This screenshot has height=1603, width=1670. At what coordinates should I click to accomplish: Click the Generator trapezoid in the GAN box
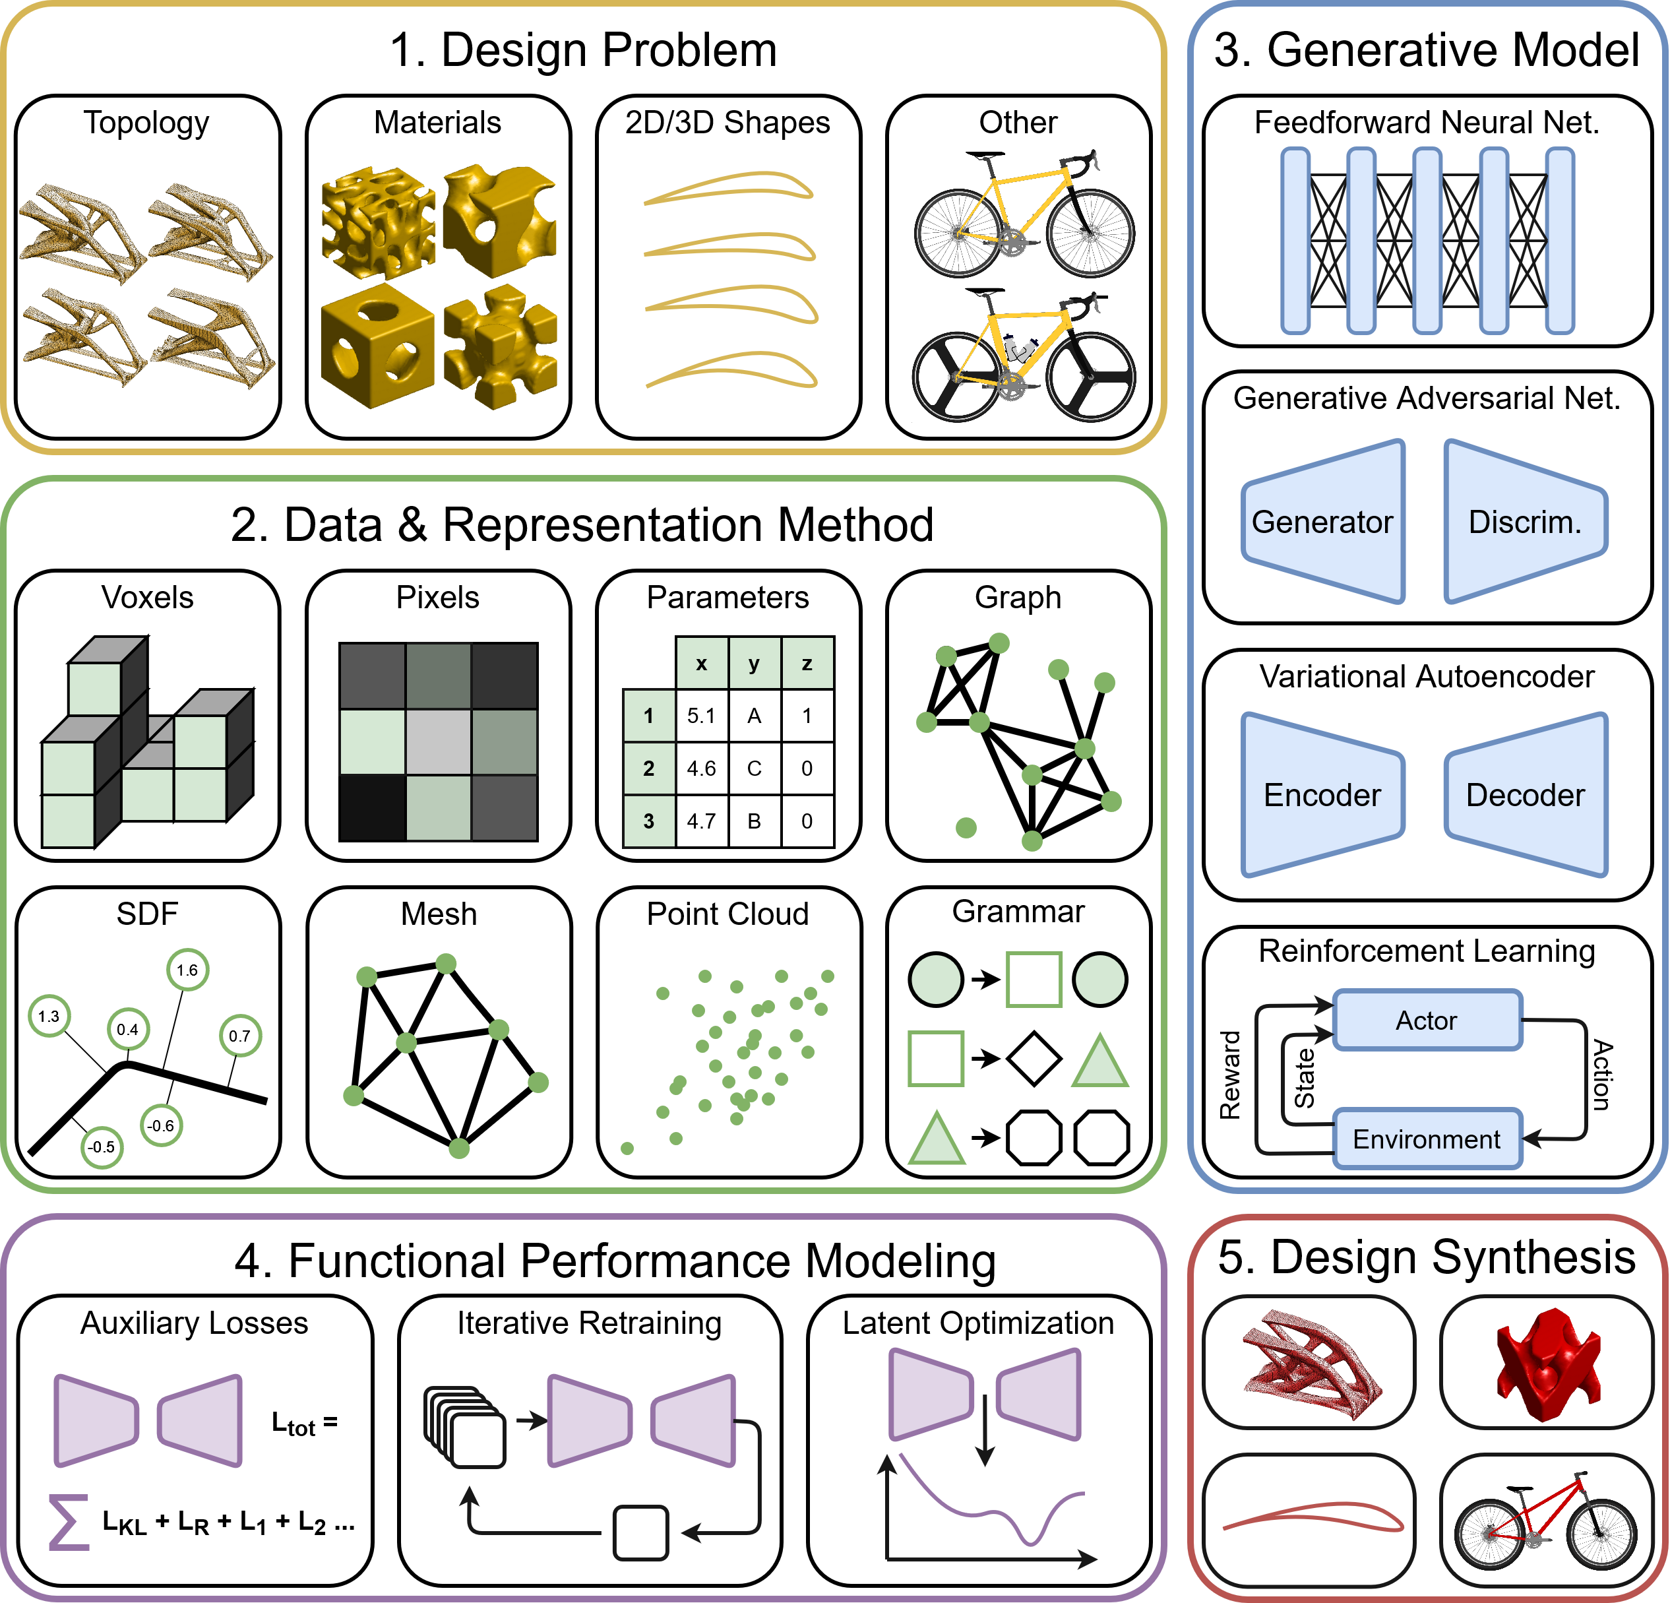pyautogui.click(x=1322, y=522)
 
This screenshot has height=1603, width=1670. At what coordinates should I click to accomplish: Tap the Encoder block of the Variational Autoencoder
pyautogui.click(x=1322, y=795)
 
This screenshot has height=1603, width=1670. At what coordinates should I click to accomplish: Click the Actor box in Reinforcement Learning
pyautogui.click(x=1427, y=1020)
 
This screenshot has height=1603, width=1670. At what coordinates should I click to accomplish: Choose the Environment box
pyautogui.click(x=1427, y=1139)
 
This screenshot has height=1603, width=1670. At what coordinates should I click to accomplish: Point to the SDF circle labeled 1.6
pyautogui.click(x=187, y=970)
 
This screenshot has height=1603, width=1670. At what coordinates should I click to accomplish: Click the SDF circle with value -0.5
pyautogui.click(x=102, y=1147)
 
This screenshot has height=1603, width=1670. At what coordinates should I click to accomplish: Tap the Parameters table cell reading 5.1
pyautogui.click(x=701, y=716)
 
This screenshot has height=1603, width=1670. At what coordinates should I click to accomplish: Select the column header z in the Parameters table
pyautogui.click(x=807, y=663)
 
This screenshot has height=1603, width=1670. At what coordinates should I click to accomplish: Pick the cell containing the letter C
pyautogui.click(x=754, y=769)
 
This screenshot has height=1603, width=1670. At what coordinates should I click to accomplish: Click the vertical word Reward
pyautogui.click(x=1229, y=1075)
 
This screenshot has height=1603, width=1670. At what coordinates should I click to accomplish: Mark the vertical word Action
pyautogui.click(x=1603, y=1075)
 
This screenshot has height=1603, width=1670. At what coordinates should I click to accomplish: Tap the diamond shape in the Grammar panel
pyautogui.click(x=1034, y=1058)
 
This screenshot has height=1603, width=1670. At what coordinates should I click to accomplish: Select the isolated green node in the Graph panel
pyautogui.click(x=966, y=827)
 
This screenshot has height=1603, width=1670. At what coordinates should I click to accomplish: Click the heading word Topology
pyautogui.click(x=146, y=123)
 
